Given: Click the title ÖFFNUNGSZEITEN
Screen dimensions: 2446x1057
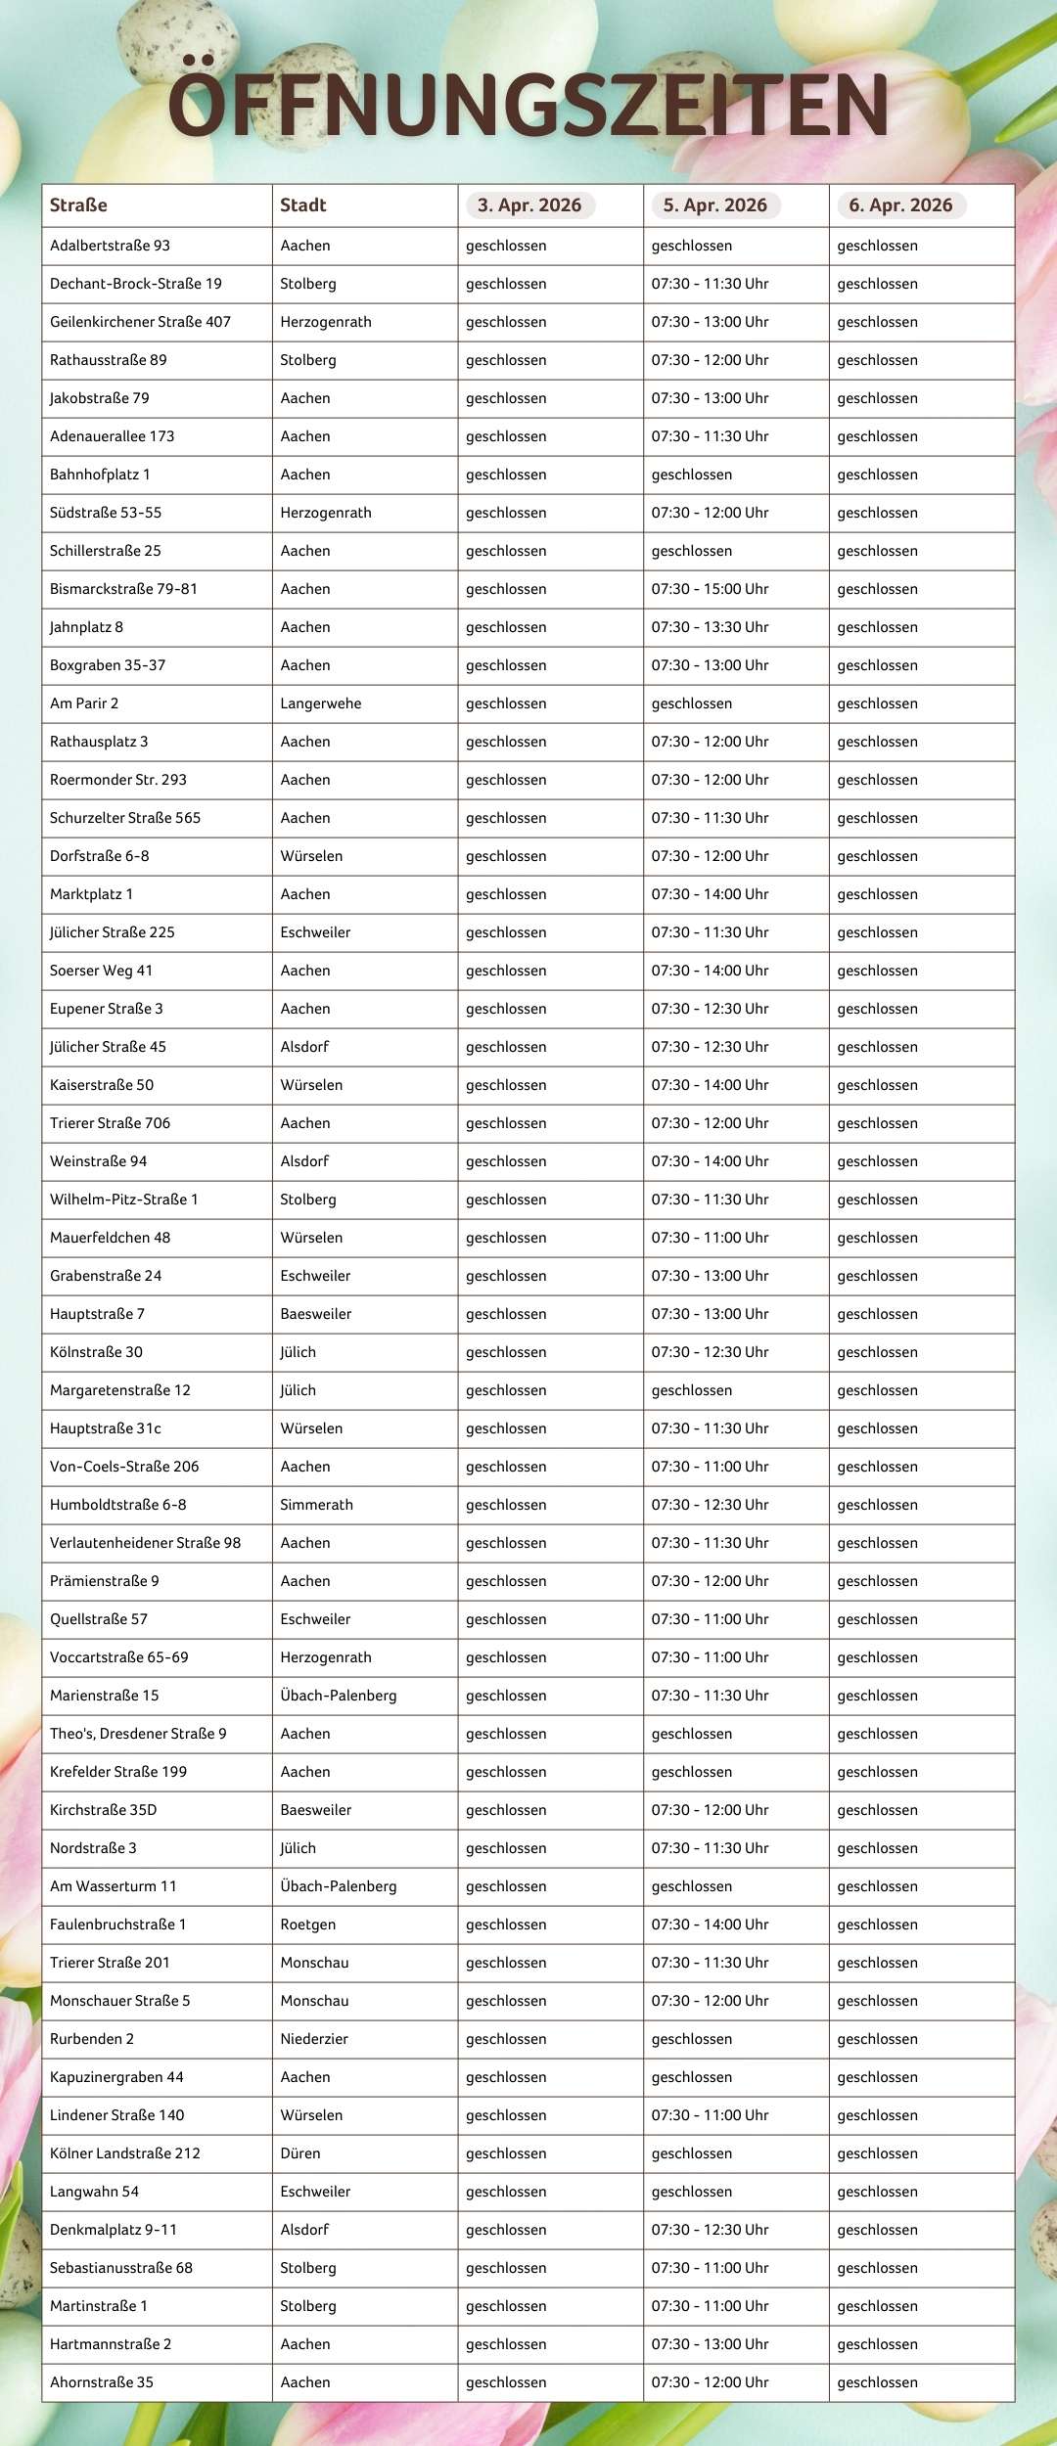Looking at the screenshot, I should [528, 105].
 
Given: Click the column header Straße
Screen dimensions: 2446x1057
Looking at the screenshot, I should [78, 205].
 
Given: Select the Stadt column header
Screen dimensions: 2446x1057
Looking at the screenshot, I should [303, 205].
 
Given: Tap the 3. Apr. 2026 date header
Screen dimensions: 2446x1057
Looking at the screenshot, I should [529, 205].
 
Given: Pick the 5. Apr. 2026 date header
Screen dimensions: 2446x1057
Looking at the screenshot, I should [714, 205].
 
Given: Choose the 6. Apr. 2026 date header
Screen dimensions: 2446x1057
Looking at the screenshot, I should [900, 205].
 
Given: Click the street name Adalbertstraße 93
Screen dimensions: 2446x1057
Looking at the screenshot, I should [110, 246].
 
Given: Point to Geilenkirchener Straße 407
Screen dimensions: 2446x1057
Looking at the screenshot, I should [140, 322].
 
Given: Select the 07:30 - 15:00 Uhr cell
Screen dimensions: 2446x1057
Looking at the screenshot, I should [711, 589].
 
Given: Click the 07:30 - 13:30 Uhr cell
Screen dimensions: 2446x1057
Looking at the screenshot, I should [711, 627].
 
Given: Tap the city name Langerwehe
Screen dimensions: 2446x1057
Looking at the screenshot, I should [321, 703].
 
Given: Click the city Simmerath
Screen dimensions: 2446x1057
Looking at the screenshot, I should [316, 1505].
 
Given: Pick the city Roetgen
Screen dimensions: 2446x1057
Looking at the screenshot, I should [308, 1925].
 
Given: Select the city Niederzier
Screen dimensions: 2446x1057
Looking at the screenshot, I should [314, 2039].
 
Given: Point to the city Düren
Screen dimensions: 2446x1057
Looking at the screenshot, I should [300, 2153].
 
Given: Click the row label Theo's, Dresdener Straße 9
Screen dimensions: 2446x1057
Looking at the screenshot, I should [138, 1734].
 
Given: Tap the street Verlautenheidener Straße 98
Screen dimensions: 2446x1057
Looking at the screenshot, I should [145, 1543].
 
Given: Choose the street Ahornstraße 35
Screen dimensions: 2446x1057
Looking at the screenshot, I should [102, 2382].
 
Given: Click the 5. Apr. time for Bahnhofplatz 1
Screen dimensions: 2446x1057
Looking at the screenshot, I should [692, 475].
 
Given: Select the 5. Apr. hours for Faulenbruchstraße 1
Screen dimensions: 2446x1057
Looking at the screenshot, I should [711, 1925].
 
